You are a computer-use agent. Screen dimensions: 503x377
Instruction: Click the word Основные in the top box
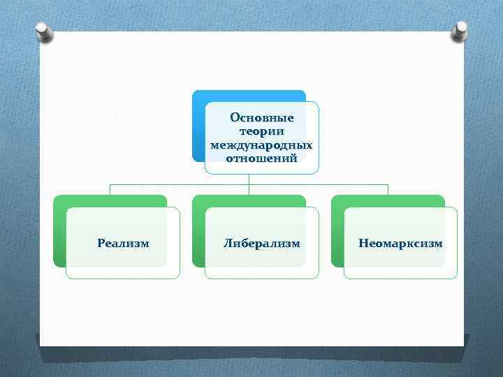[x=262, y=117]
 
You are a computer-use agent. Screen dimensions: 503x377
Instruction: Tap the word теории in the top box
[x=261, y=131]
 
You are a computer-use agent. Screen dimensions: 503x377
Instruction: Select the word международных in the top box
[x=261, y=145]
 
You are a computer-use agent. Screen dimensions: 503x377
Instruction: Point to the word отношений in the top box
[x=261, y=158]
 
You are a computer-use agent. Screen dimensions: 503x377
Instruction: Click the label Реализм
[x=123, y=243]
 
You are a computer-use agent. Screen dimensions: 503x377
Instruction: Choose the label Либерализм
[x=261, y=243]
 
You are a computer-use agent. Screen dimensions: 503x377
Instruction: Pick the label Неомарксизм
[x=400, y=243]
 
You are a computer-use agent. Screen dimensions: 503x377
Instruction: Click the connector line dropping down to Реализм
[x=110, y=189]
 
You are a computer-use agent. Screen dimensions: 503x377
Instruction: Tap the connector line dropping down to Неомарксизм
[x=388, y=189]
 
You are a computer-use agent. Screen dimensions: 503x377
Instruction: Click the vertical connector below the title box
[x=249, y=179]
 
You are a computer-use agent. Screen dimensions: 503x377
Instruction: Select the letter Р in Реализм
[x=101, y=243]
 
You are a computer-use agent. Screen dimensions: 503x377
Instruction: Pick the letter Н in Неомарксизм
[x=363, y=243]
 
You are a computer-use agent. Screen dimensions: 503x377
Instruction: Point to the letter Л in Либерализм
[x=227, y=243]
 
